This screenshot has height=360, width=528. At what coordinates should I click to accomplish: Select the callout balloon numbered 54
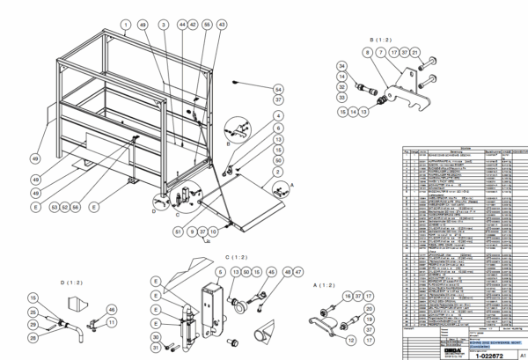click(x=278, y=89)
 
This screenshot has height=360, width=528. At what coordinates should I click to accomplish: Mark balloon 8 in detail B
click(x=366, y=54)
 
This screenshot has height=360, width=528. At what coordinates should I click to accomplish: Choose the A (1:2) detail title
click(x=326, y=287)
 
